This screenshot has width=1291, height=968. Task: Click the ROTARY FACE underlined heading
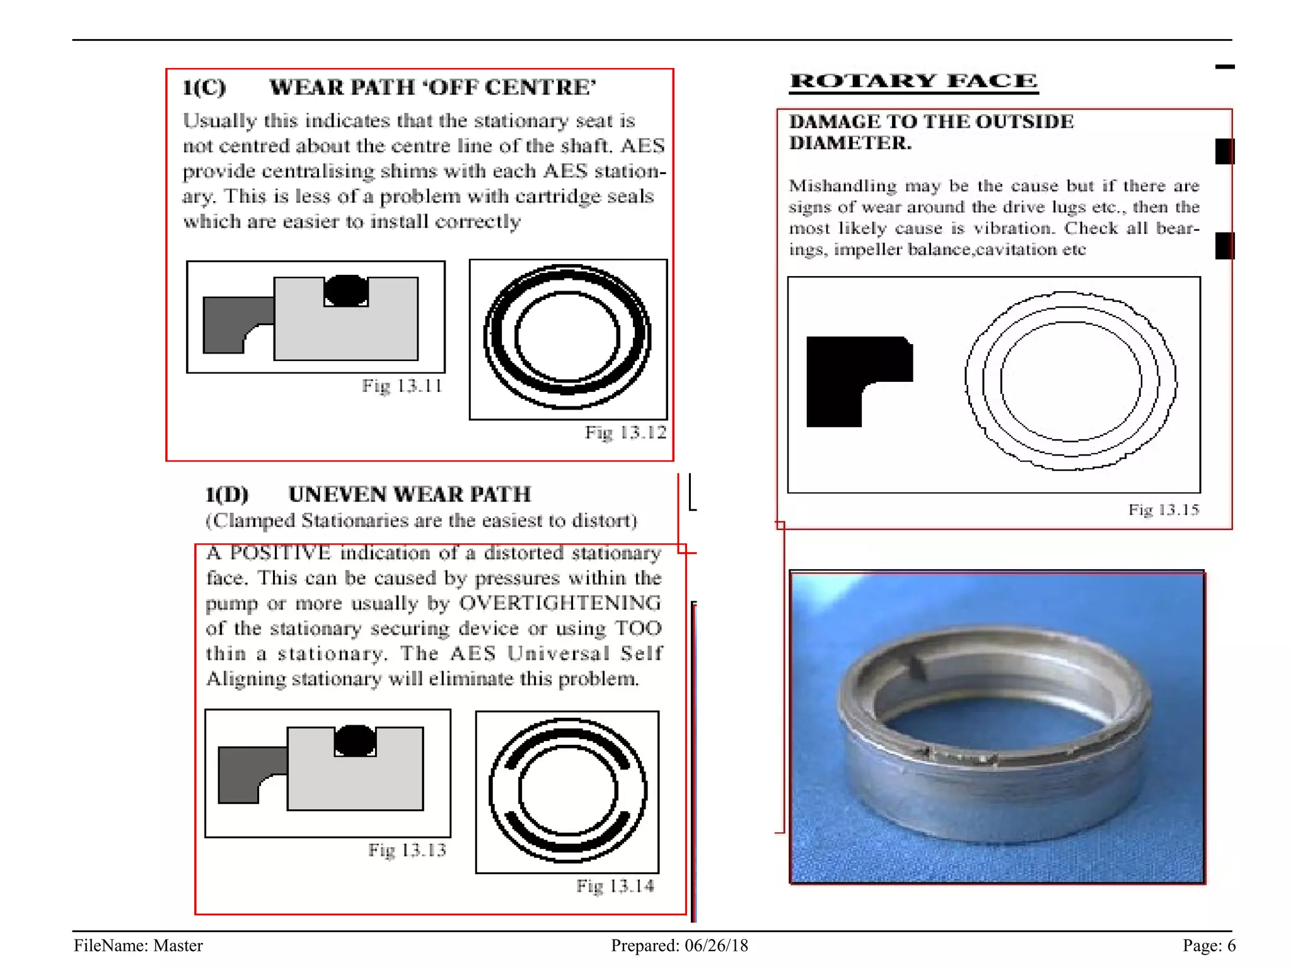point(913,81)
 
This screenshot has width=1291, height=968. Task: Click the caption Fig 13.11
point(402,386)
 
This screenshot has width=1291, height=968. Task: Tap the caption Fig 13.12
point(625,432)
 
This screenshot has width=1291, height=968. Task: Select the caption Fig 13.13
point(407,850)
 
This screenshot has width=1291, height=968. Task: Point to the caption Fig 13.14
point(615,886)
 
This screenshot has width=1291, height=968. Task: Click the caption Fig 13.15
point(1163,509)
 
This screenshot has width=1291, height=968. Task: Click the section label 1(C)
point(204,87)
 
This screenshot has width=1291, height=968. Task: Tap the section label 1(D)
point(227,494)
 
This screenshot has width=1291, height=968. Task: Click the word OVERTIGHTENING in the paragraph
point(560,603)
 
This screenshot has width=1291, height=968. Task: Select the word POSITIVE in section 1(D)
point(280,553)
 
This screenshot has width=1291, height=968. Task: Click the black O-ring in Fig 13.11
point(346,291)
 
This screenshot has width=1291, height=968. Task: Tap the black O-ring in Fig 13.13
point(355,740)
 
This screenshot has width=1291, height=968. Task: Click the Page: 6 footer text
point(1208,945)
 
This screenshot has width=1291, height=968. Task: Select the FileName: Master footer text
point(138,945)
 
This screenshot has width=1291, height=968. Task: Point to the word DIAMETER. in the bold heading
point(850,143)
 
